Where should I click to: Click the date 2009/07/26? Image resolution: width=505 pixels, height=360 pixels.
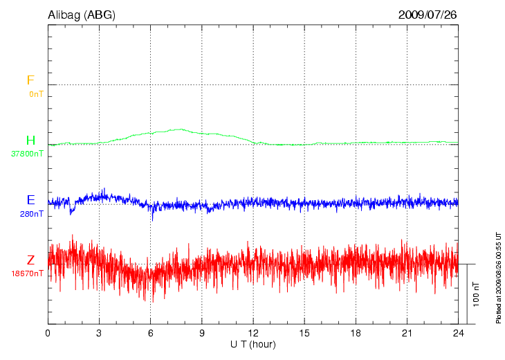point(428,15)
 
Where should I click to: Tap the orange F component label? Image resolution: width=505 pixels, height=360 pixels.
point(30,80)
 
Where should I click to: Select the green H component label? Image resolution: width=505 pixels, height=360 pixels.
point(30,141)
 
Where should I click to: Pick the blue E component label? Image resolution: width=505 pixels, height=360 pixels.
point(30,200)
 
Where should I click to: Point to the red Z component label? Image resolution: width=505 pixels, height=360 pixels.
point(30,260)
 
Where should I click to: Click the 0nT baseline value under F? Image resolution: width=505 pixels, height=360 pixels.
point(36,93)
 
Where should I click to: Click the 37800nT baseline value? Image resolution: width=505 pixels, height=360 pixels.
point(27,154)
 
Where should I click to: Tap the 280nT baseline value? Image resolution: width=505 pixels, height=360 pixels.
point(31,214)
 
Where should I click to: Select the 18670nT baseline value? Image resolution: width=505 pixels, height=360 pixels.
point(27,273)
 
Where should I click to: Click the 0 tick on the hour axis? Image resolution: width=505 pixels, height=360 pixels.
point(48,333)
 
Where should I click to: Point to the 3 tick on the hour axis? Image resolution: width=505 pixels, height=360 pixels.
point(99,333)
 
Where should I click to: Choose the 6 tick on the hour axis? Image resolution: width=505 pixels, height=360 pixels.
point(151,333)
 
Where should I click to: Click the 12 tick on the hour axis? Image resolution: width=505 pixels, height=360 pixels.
point(253,333)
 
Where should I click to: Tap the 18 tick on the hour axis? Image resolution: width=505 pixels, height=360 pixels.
point(356,333)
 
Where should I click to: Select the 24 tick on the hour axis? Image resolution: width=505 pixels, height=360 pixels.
point(459,333)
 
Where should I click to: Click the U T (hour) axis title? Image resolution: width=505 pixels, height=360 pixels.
point(253,344)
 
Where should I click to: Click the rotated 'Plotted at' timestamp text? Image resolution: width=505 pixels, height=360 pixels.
point(498,277)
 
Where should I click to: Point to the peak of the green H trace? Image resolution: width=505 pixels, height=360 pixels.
point(181,129)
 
